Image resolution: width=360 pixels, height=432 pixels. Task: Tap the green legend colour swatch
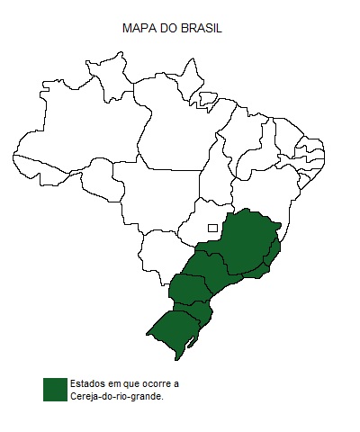click(x=54, y=389)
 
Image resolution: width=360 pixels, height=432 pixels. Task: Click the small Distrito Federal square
click(x=212, y=228)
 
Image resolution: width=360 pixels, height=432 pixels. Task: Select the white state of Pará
click(x=175, y=135)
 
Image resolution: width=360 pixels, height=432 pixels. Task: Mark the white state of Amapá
click(x=189, y=81)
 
